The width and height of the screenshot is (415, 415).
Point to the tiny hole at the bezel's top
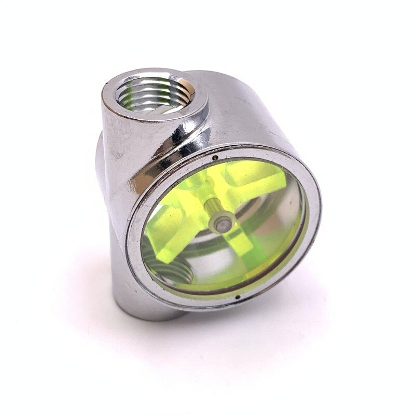(214, 154)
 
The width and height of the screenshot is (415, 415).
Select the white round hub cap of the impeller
(220, 224)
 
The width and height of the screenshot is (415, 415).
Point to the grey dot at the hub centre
(221, 224)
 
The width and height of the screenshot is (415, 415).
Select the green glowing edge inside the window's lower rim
(249, 283)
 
